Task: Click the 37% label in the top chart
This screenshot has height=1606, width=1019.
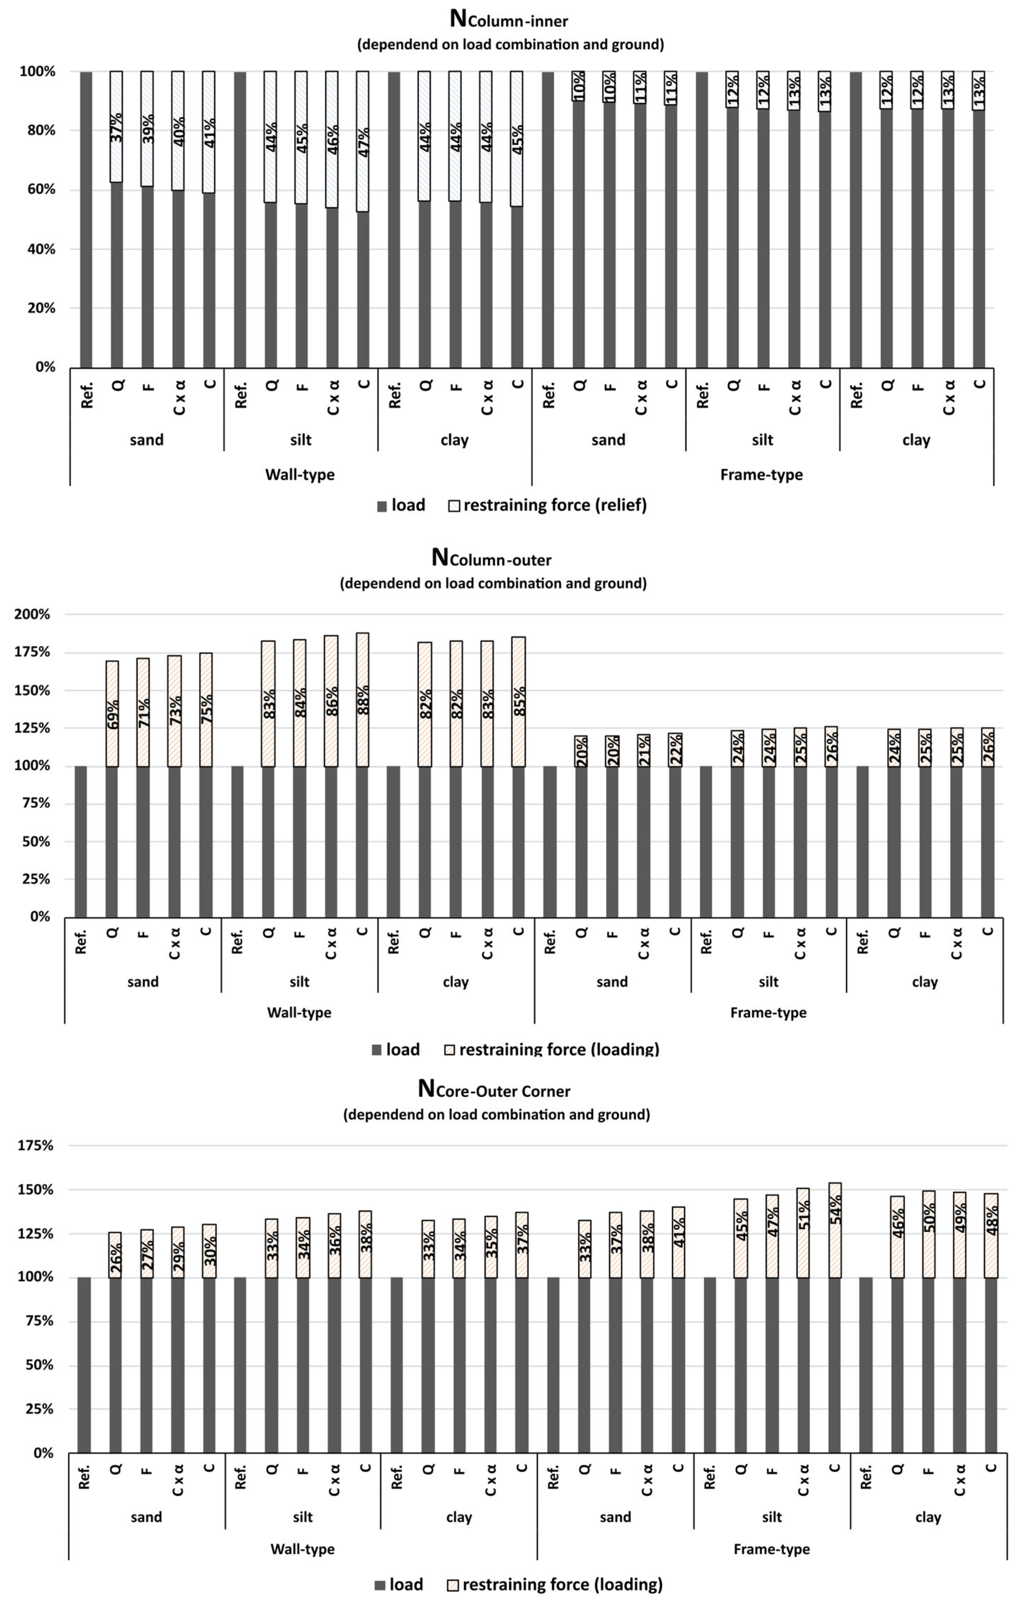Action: [117, 127]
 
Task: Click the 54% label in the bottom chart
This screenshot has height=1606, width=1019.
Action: [835, 1209]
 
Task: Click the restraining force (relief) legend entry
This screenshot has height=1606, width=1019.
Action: [547, 505]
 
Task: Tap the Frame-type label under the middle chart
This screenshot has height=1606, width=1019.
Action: [768, 1013]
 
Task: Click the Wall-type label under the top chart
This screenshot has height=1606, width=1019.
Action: [300, 475]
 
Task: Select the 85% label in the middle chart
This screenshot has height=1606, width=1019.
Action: [519, 701]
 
